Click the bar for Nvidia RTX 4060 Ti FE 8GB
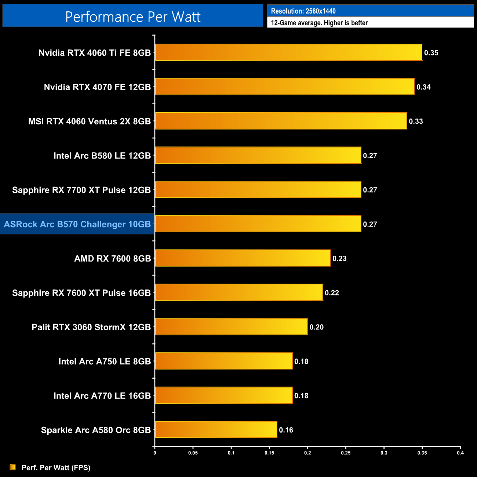pyautogui.click(x=288, y=52)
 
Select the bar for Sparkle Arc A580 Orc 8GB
pyautogui.click(x=216, y=430)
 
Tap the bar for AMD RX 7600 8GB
pyautogui.click(x=243, y=258)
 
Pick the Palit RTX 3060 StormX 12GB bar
pyautogui.click(x=231, y=327)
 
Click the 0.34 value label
pyautogui.click(x=423, y=87)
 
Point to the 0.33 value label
pyautogui.click(x=416, y=121)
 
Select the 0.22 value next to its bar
pyautogui.click(x=332, y=293)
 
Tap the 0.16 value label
pyautogui.click(x=286, y=430)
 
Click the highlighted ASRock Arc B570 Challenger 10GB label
pyautogui.click(x=77, y=224)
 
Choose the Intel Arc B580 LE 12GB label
pyautogui.click(x=102, y=156)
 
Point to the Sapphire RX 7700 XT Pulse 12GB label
pyautogui.click(x=81, y=190)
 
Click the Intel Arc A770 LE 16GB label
pyautogui.click(x=102, y=396)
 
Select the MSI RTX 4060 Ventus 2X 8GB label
pyautogui.click(x=90, y=121)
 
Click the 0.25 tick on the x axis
pyautogui.click(x=346, y=453)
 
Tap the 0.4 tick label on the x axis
pyautogui.click(x=460, y=453)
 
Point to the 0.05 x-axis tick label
pyautogui.click(x=193, y=453)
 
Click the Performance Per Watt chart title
pyautogui.click(x=133, y=17)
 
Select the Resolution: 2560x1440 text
pyautogui.click(x=303, y=11)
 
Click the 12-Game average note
pyautogui.click(x=319, y=23)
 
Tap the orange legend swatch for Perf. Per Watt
pyautogui.click(x=13, y=467)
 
